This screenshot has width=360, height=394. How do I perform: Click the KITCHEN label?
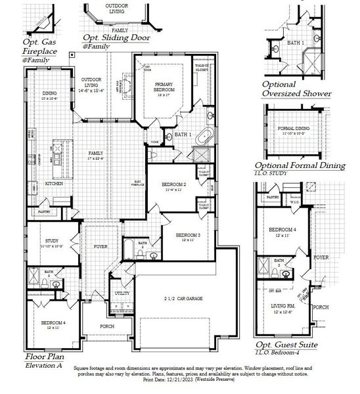pyautogui.click(x=54, y=183)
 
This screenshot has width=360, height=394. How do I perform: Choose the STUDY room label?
pyautogui.click(x=52, y=241)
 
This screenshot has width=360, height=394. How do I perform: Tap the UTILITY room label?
pyautogui.click(x=122, y=293)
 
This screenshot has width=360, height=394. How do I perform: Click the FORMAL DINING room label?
pyautogui.click(x=294, y=129)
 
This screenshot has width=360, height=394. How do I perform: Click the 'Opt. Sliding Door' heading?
pyautogui.click(x=116, y=37)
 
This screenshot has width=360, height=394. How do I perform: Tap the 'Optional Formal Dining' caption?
pyautogui.click(x=300, y=165)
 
